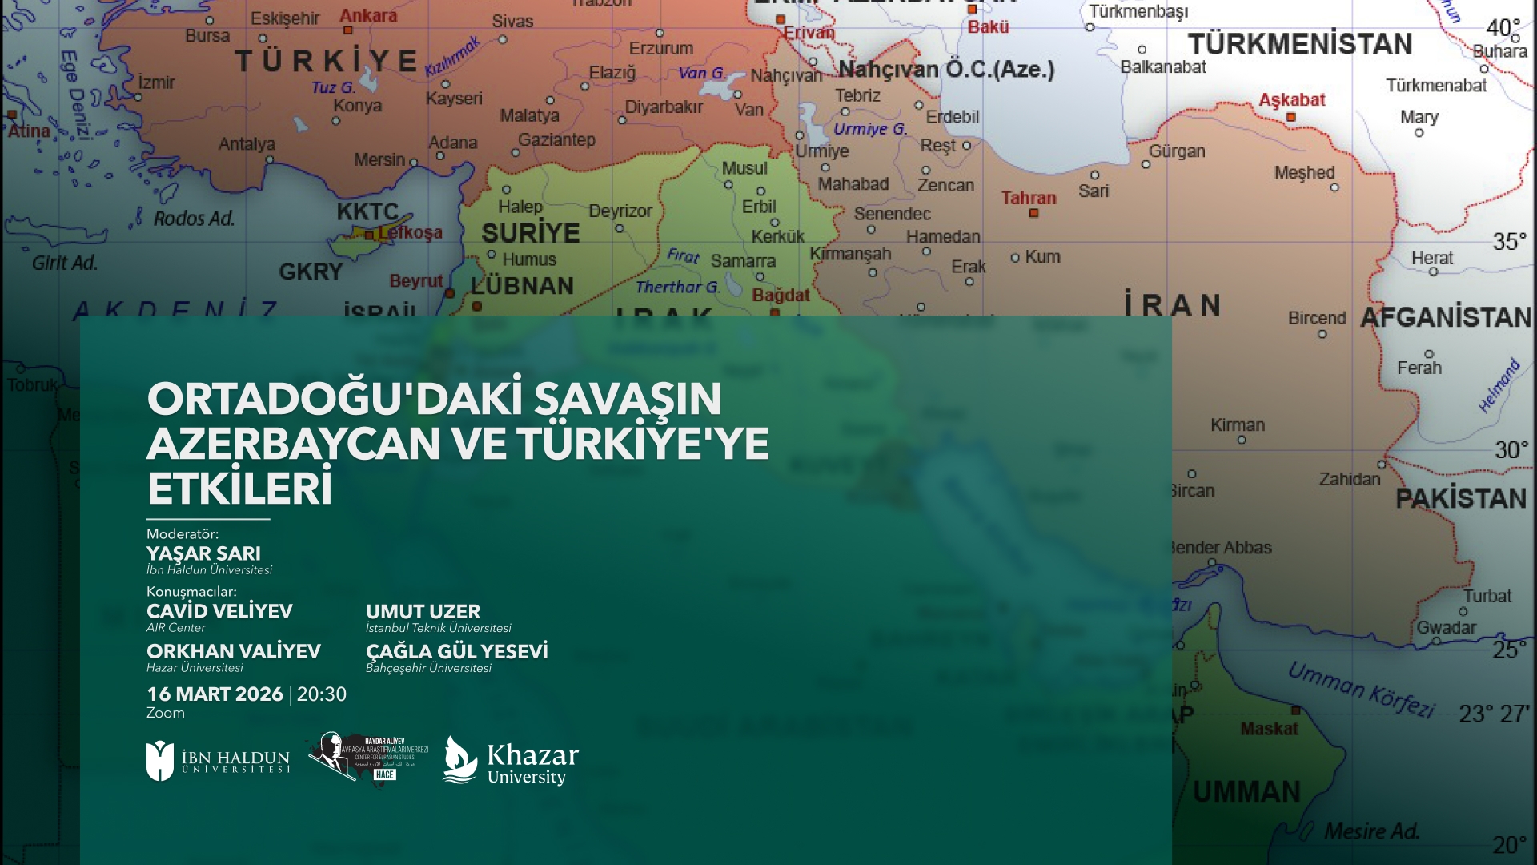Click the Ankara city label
click(x=367, y=16)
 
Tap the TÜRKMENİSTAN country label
click(x=1299, y=45)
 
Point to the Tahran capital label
click(x=1028, y=198)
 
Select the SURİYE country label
click(x=530, y=233)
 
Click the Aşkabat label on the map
click(x=1291, y=100)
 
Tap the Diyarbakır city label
click(x=663, y=107)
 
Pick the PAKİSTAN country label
click(x=1460, y=499)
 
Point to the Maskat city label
click(x=1269, y=729)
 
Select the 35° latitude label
click(x=1509, y=241)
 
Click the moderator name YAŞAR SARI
click(x=203, y=553)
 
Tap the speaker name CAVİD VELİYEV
click(x=219, y=611)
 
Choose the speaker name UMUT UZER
click(x=423, y=611)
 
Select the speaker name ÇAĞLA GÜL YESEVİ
click(x=456, y=651)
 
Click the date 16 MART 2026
click(x=215, y=694)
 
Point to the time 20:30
click(x=322, y=694)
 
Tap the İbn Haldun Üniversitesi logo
click(x=218, y=761)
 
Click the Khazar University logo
click(x=511, y=760)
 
